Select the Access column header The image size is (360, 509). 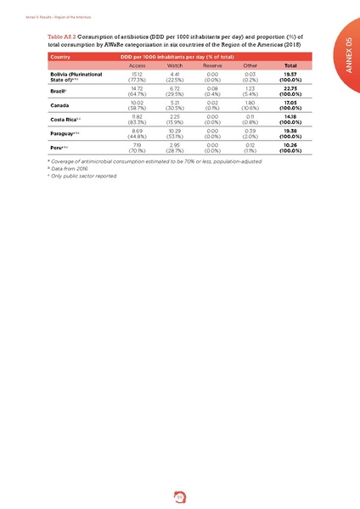(x=137, y=65)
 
